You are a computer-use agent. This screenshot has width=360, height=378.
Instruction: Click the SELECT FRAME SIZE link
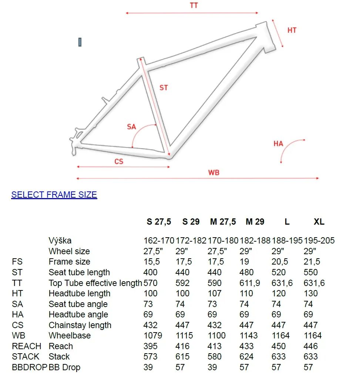point(54,195)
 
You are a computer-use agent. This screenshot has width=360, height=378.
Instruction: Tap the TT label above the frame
point(194,6)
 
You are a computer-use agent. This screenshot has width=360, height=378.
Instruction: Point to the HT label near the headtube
point(292,30)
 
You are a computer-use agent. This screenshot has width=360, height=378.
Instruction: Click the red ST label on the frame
point(164,88)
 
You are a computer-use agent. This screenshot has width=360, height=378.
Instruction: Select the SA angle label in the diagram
point(131,127)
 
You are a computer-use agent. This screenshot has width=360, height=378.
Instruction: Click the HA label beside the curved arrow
point(278,143)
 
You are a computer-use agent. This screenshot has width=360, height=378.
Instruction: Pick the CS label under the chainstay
point(119,161)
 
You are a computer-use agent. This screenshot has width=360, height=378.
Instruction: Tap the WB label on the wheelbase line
point(213,173)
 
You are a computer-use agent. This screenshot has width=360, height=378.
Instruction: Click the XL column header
point(319,222)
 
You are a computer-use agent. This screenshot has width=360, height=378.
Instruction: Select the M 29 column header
point(255,222)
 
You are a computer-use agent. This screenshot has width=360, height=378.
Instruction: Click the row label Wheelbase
point(70,336)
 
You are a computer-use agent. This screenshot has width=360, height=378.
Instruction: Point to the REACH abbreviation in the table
point(27,346)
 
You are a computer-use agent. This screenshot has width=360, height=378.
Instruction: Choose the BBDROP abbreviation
point(30,367)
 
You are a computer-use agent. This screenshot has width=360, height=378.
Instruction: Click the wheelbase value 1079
point(153,336)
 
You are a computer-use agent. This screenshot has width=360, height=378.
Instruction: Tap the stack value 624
point(247,357)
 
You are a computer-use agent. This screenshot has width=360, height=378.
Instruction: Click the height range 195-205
point(319,241)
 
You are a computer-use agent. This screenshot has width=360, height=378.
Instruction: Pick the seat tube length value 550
point(311,272)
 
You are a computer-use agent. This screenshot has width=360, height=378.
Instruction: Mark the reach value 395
point(150,346)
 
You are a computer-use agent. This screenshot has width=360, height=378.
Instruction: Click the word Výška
point(60,241)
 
